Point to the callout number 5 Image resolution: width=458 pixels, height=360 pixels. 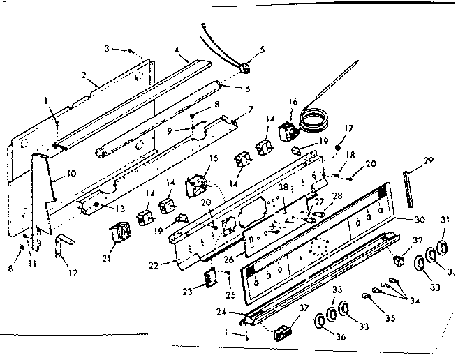(x=263, y=49)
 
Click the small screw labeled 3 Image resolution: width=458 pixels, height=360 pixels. (x=131, y=50)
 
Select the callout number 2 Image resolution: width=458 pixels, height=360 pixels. (x=84, y=74)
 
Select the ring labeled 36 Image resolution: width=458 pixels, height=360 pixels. (x=320, y=320)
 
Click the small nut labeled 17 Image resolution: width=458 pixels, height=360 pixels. (x=338, y=148)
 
